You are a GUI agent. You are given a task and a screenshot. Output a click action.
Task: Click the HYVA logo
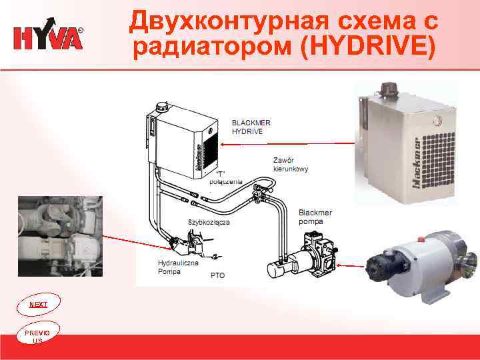(x=49, y=37)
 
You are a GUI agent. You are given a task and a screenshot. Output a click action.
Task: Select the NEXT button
(x=39, y=304)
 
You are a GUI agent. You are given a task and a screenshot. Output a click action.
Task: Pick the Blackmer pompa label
(x=315, y=216)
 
